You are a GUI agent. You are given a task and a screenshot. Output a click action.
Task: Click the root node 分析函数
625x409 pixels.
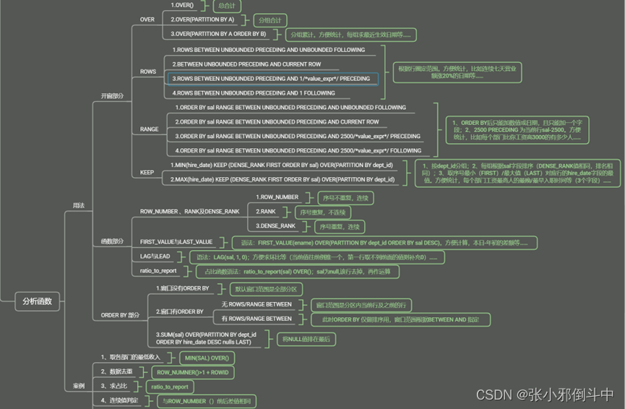click(37, 301)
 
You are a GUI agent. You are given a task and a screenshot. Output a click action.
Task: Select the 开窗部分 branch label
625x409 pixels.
click(112, 95)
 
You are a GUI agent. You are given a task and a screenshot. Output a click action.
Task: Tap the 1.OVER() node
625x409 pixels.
click(186, 5)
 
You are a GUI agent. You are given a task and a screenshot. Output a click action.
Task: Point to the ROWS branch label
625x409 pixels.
click(147, 72)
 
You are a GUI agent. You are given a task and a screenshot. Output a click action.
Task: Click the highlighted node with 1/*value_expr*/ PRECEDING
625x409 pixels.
click(272, 79)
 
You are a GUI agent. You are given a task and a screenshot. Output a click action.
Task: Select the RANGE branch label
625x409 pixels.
click(149, 129)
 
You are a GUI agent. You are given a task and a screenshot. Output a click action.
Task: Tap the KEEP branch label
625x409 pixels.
click(147, 173)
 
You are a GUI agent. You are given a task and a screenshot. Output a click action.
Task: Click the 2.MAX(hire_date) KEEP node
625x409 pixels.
click(283, 179)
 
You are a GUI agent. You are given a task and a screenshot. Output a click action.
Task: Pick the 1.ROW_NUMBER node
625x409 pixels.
click(277, 197)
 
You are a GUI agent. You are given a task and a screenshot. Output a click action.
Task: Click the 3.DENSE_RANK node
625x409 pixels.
click(275, 226)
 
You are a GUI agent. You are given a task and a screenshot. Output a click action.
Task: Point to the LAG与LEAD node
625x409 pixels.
click(155, 256)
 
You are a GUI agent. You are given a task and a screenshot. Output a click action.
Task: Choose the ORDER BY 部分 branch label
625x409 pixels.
click(120, 315)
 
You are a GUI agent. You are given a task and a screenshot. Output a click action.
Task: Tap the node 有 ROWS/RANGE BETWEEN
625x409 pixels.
click(257, 319)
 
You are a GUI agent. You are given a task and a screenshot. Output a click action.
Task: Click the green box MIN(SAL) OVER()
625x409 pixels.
click(207, 358)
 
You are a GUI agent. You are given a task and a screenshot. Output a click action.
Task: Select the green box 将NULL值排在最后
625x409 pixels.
click(306, 338)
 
